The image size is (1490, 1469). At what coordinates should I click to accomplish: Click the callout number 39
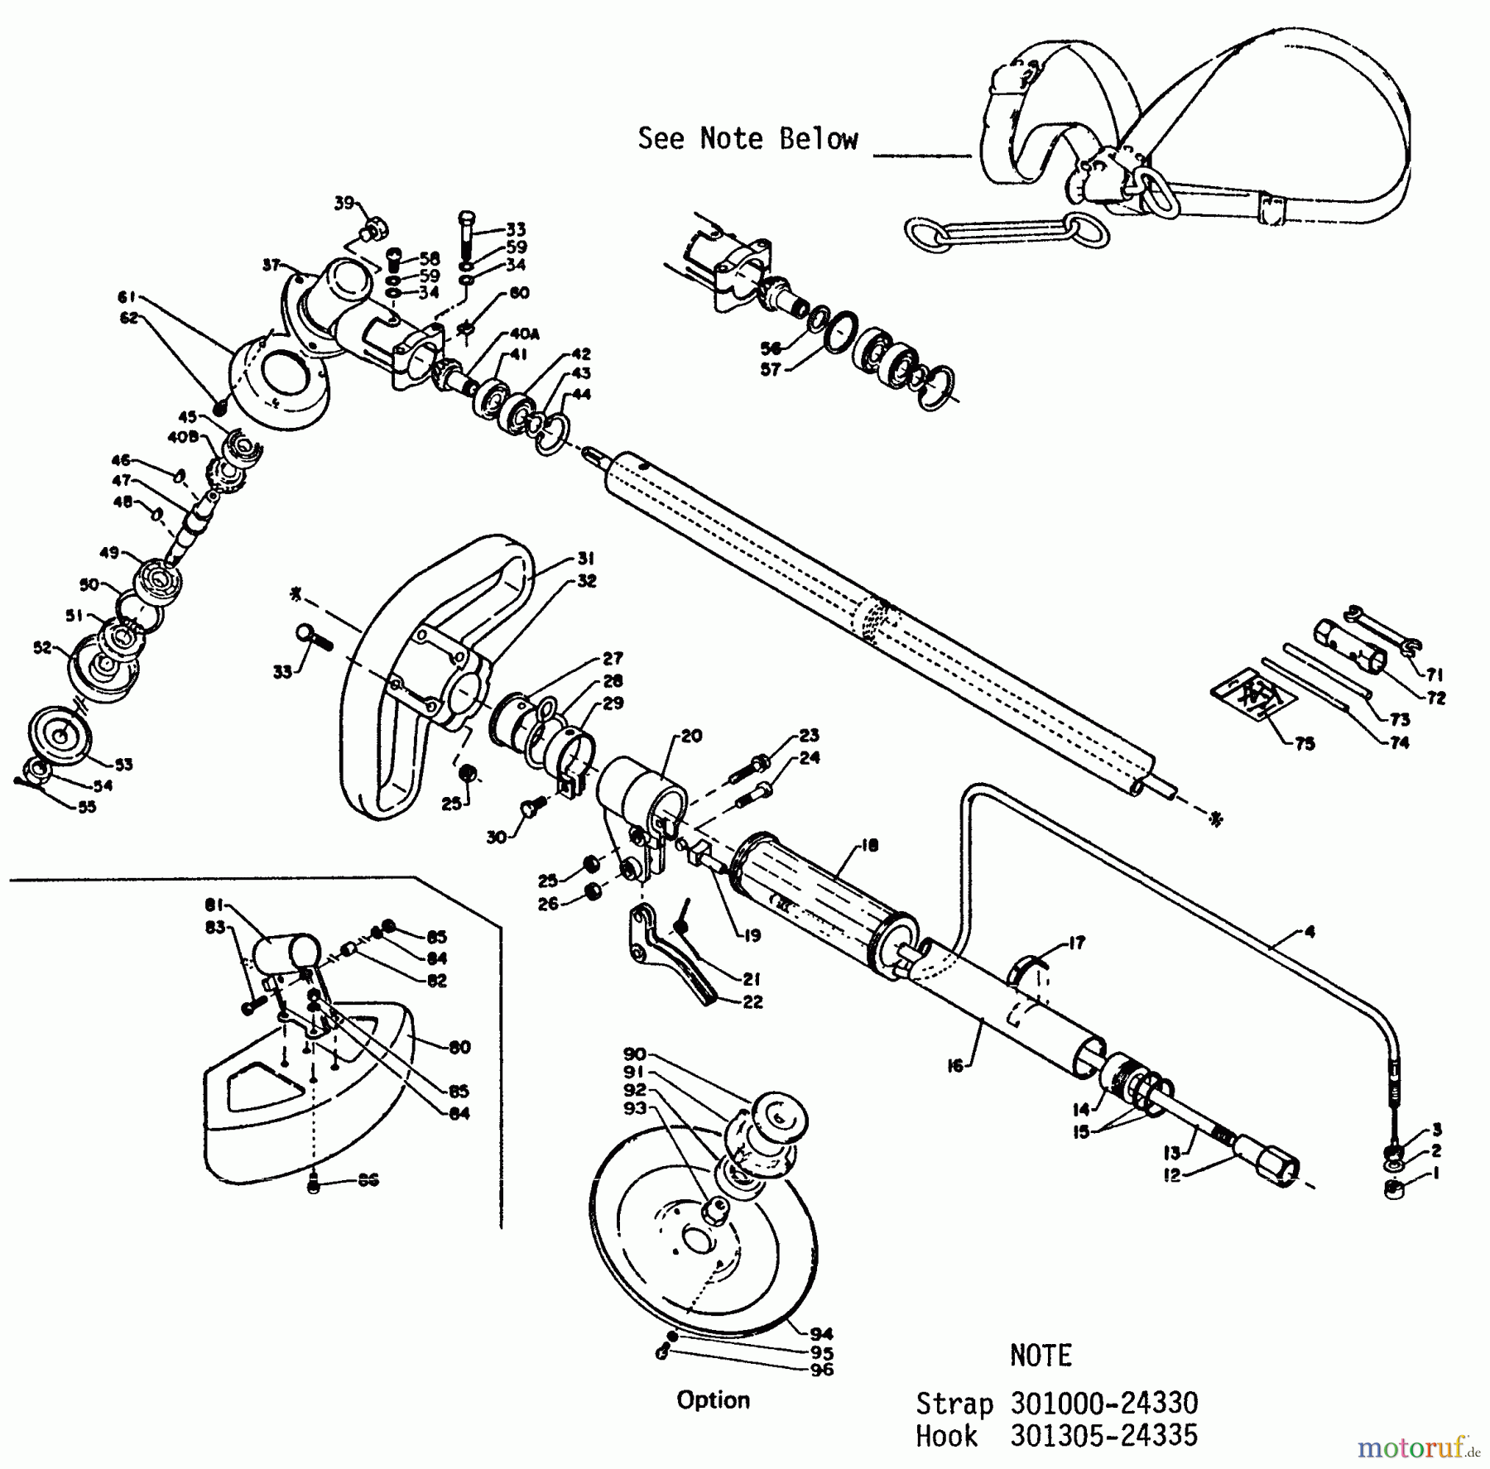tap(344, 203)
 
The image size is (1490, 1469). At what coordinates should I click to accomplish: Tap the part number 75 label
tap(1305, 743)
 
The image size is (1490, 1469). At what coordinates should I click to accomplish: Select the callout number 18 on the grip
tap(869, 846)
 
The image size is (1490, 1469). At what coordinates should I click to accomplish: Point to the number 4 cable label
tap(1309, 932)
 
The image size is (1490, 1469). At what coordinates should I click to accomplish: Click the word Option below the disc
tap(713, 1400)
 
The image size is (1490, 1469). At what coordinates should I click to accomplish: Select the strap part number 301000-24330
tap(1104, 1404)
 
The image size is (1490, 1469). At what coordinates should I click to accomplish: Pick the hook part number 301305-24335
tap(1104, 1436)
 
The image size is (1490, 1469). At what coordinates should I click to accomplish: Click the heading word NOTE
tap(1041, 1356)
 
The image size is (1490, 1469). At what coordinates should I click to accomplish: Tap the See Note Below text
tap(747, 139)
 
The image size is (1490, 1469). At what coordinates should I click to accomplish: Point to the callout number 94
tap(822, 1333)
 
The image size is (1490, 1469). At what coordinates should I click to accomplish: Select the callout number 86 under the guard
tap(368, 1180)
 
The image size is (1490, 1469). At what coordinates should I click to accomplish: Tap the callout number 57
tap(771, 369)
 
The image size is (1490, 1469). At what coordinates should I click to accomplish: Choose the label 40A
tap(525, 334)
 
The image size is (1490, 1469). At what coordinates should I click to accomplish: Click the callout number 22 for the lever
tap(752, 1001)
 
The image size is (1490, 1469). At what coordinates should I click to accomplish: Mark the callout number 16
tap(955, 1066)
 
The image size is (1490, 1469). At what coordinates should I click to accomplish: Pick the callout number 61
tap(126, 297)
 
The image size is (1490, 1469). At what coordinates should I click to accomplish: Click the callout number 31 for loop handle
tap(586, 559)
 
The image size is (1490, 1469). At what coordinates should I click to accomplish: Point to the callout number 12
tap(1171, 1174)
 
